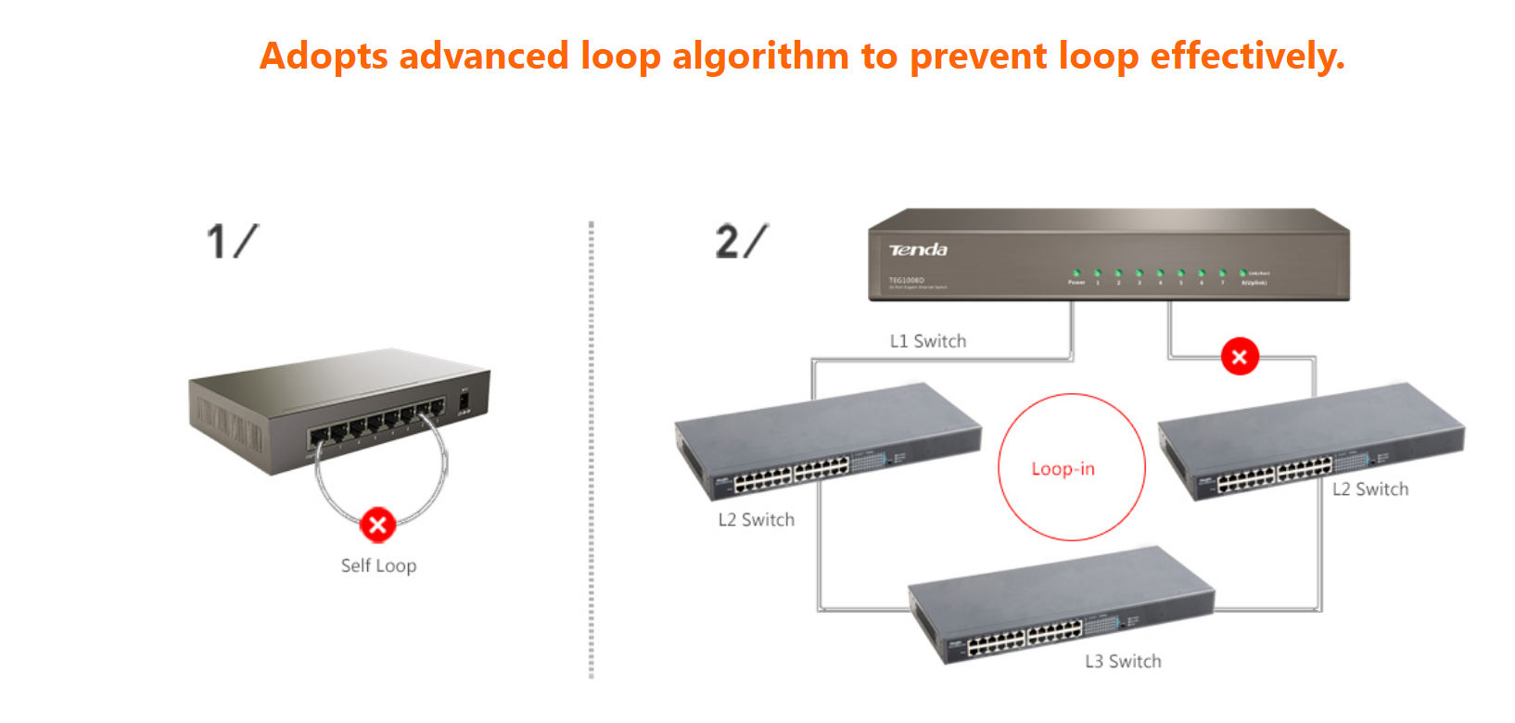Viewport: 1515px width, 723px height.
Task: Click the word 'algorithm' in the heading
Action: point(759,57)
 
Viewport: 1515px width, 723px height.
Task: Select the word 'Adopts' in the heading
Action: point(324,57)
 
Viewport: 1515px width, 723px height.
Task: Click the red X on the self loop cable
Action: point(377,526)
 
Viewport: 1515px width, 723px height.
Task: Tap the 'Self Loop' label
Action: point(378,565)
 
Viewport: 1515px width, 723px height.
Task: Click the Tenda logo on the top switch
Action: point(918,249)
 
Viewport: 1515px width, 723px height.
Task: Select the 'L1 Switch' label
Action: point(928,341)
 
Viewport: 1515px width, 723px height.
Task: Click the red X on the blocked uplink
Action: point(1240,357)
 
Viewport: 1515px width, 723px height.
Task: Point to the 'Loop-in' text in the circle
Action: point(1063,469)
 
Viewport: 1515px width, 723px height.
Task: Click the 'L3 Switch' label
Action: point(1123,661)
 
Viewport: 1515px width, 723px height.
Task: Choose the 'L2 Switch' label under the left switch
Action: point(756,520)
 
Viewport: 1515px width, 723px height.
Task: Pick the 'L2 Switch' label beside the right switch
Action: point(1370,489)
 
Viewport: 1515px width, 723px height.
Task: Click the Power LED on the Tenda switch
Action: point(1076,273)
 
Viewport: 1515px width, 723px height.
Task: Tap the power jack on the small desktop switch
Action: point(465,403)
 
